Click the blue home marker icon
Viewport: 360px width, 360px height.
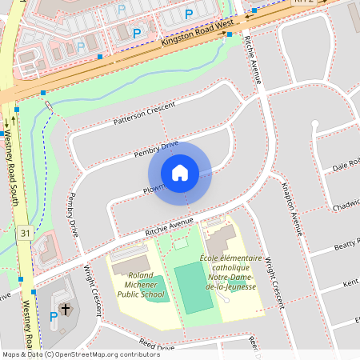(x=180, y=173)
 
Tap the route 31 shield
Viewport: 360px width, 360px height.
(x=25, y=233)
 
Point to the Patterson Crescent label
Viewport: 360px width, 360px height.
(x=143, y=112)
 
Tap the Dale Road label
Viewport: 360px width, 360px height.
(x=346, y=166)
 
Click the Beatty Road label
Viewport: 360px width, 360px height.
(x=347, y=245)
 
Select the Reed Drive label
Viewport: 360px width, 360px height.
(x=156, y=345)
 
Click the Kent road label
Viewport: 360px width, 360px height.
(x=350, y=284)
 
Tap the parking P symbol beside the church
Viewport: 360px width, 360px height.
(x=54, y=316)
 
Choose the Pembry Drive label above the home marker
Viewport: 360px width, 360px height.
(x=156, y=148)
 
